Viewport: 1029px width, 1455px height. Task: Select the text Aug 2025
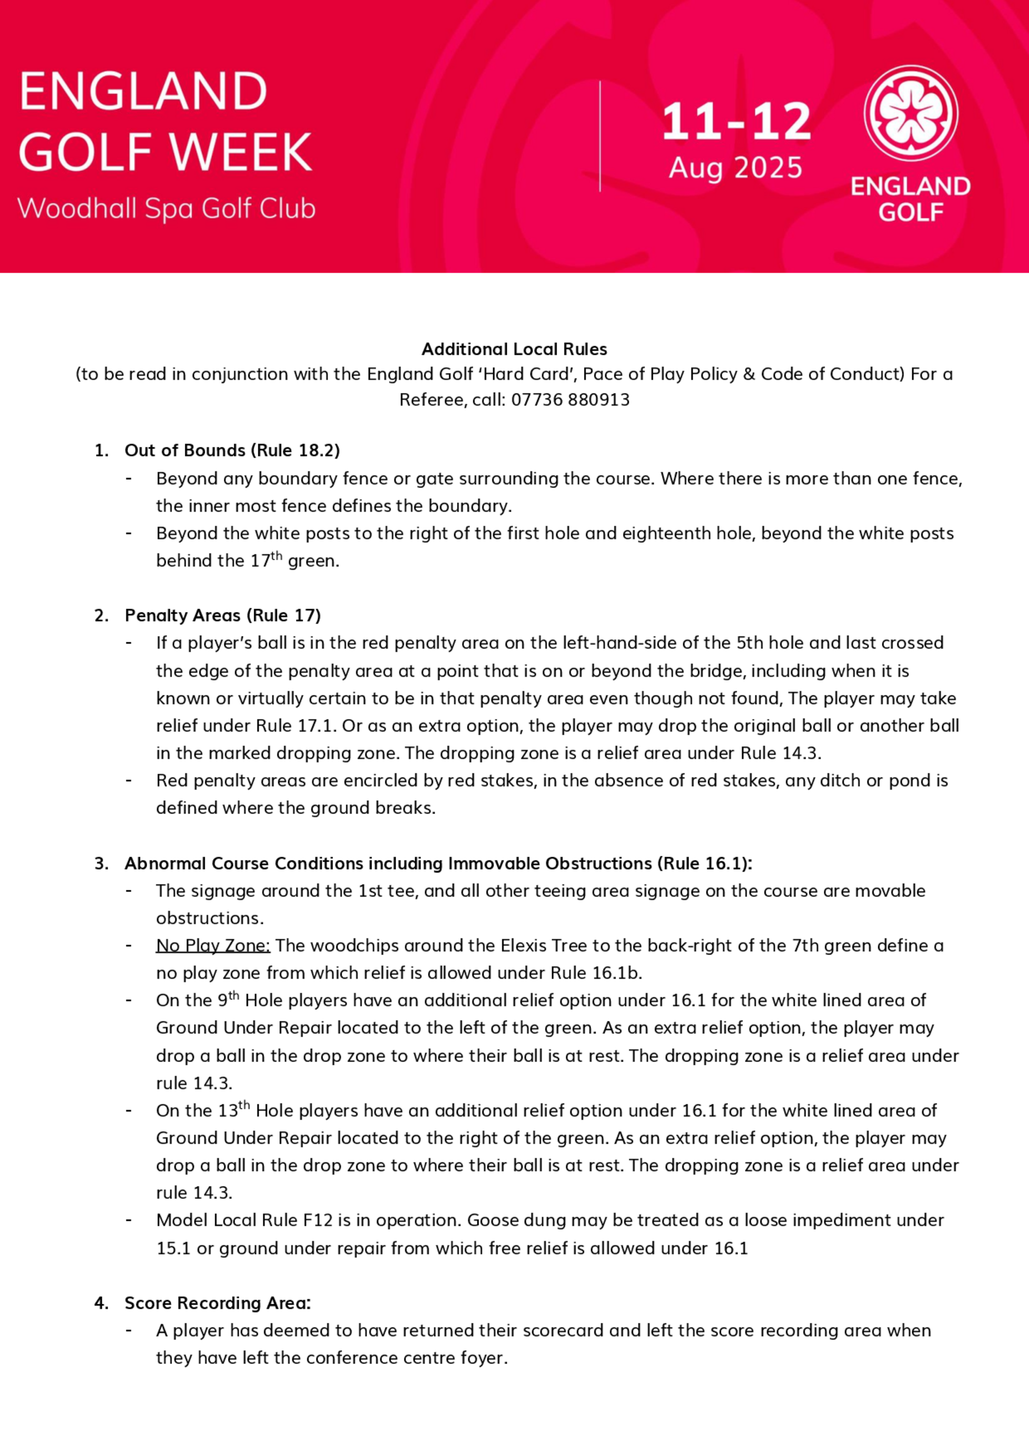[735, 168]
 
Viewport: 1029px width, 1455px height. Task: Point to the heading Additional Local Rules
[514, 349]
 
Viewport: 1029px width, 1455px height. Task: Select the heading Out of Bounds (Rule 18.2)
[232, 451]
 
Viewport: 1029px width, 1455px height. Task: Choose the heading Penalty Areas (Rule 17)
[223, 615]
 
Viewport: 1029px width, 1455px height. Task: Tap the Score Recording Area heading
[218, 1303]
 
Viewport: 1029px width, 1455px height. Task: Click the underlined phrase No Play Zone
[213, 945]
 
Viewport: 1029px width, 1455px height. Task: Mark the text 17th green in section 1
[294, 561]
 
